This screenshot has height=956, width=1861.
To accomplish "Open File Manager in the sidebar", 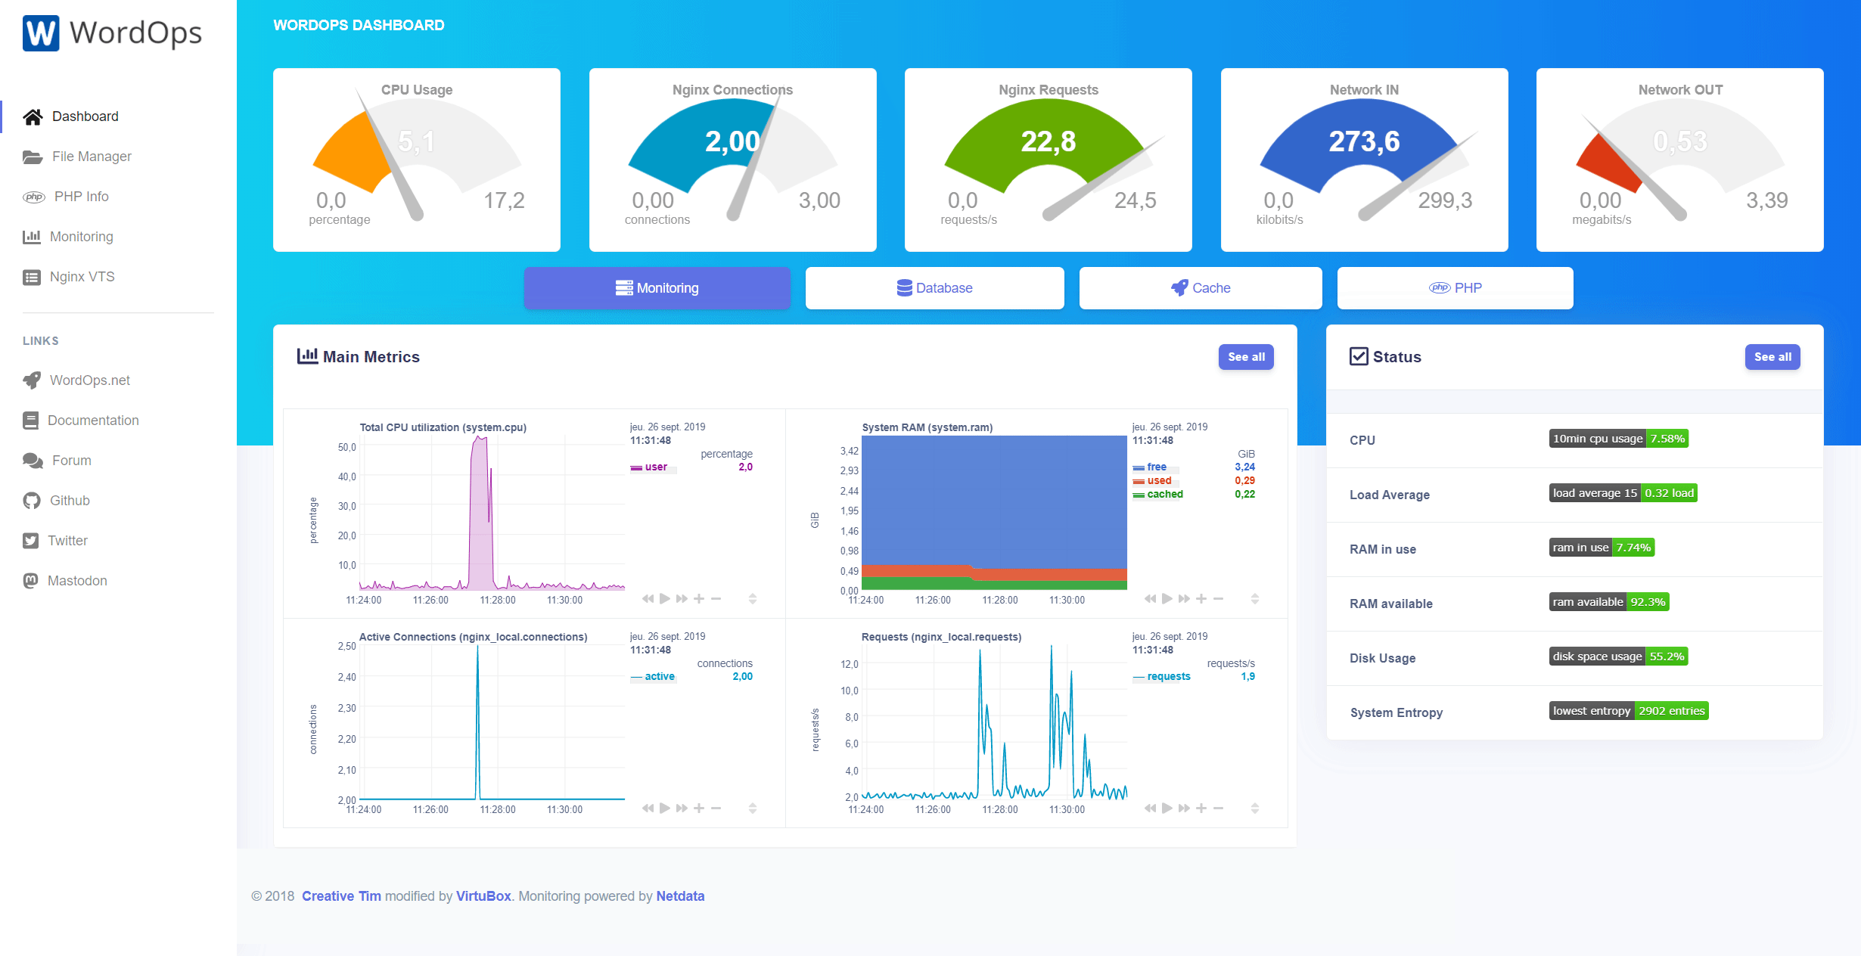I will [91, 157].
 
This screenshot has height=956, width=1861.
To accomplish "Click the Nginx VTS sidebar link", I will [82, 277].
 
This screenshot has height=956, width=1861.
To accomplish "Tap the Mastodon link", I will [77, 581].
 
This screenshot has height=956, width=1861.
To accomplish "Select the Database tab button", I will [934, 288].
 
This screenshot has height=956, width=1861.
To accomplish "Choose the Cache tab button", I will [1201, 288].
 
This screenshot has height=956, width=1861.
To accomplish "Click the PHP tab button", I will [1455, 288].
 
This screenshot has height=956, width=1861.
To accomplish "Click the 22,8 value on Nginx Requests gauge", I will [1048, 141].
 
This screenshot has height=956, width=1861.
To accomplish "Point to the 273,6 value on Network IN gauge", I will [1364, 141].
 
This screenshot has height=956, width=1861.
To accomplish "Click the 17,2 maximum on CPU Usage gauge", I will [504, 200].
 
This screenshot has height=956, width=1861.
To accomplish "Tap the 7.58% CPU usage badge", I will [1667, 439].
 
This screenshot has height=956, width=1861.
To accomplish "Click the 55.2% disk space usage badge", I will [1667, 656].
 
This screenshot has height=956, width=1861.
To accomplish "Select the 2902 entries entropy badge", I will [1671, 711].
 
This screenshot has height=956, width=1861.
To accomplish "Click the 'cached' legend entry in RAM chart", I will [1164, 495].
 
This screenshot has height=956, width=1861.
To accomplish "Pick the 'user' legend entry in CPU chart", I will [655, 467].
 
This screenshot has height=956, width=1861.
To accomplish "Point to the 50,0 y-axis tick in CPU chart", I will [346, 447].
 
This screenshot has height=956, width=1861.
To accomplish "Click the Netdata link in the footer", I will [680, 896].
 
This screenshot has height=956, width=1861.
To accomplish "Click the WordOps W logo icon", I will [41, 33].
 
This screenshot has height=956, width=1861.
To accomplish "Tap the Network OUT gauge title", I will [1680, 90].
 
